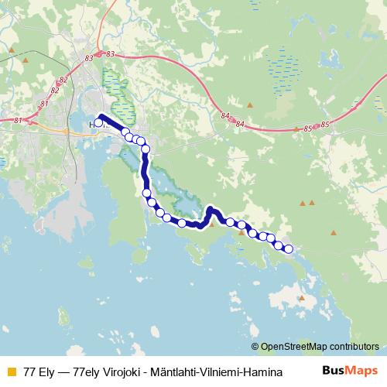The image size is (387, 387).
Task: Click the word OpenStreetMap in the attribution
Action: [x=295, y=347]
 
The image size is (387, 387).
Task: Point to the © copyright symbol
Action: [x=255, y=347]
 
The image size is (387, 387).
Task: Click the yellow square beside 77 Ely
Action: [x=10, y=372]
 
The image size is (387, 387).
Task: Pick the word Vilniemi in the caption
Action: [x=217, y=372]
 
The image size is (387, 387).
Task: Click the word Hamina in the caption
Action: [x=262, y=372]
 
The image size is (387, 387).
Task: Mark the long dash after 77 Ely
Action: [x=60, y=372]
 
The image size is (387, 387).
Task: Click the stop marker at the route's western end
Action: [x=98, y=122]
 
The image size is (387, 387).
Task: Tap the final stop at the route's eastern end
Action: [x=289, y=248]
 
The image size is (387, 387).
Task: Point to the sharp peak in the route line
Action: [x=211, y=209]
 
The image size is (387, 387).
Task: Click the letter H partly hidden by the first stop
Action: [x=93, y=122]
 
